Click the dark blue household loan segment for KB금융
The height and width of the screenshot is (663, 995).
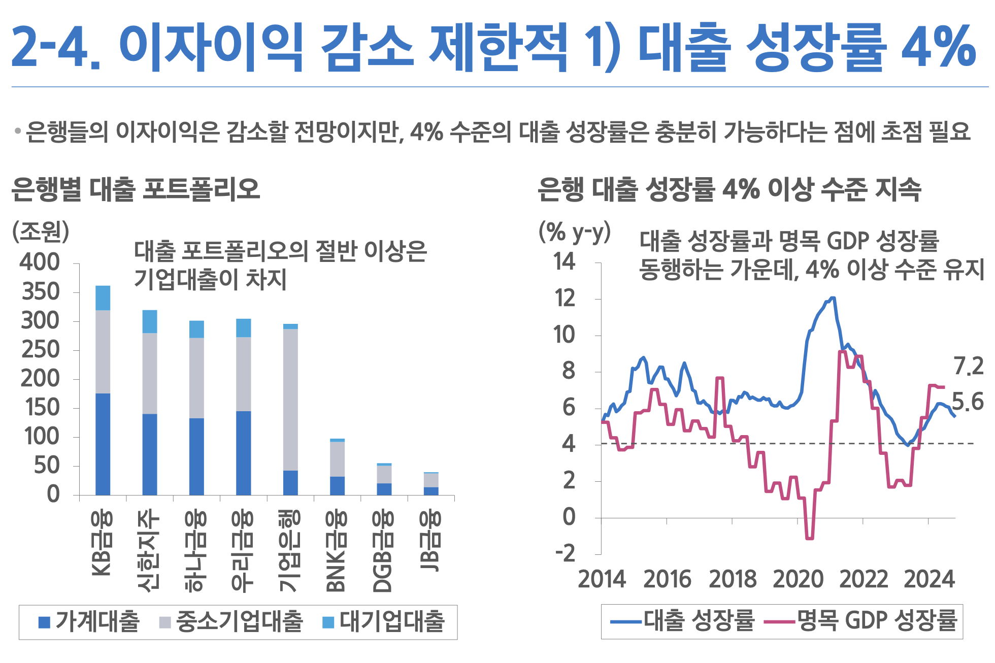coord(103,444)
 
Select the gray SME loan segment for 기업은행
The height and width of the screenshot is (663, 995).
coord(290,400)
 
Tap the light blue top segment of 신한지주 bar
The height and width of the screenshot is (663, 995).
coord(150,321)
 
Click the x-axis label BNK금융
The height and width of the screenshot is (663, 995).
coord(336,551)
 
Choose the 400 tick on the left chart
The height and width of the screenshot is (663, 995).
coord(40,263)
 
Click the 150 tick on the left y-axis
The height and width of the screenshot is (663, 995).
coord(41,408)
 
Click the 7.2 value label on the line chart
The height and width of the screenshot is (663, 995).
coord(969,367)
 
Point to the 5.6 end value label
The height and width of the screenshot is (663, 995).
coord(968,402)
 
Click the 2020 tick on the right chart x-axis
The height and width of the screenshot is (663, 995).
coord(798,579)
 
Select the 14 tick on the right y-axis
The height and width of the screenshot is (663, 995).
coord(565,262)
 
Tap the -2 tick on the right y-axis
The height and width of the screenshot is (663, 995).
coord(566,553)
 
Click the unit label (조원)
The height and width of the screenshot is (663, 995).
coord(41,232)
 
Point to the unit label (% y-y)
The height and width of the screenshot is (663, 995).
coord(574,233)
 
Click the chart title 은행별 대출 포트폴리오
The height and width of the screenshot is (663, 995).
coord(136,190)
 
